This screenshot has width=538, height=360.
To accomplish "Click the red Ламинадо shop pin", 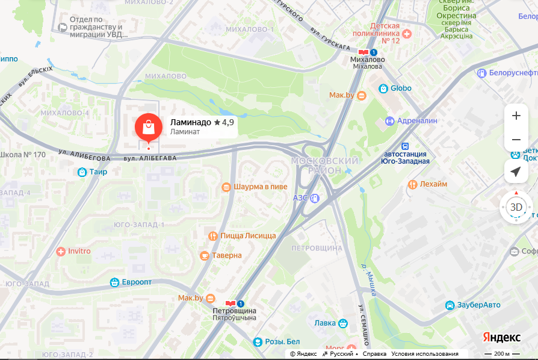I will [148, 126].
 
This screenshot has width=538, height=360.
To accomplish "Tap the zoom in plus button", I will [516, 116].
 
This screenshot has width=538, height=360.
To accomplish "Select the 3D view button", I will [516, 207].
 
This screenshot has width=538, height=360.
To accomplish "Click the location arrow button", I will [516, 172].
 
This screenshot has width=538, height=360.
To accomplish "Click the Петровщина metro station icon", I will [230, 303].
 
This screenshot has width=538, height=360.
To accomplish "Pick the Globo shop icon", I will [383, 88].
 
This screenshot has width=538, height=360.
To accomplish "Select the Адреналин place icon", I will [389, 121].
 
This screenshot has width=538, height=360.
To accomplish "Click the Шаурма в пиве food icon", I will [226, 187].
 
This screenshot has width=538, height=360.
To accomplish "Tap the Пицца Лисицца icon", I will [212, 236].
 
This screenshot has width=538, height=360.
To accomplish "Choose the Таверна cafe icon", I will [205, 256].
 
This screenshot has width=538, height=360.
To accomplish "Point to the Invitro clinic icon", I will [60, 251].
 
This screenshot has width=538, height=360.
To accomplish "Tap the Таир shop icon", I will [82, 172].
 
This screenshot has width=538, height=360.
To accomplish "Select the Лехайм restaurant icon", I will [412, 184].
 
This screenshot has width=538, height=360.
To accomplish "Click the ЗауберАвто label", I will [478, 305].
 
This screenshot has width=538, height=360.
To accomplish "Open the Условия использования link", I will [424, 354].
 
